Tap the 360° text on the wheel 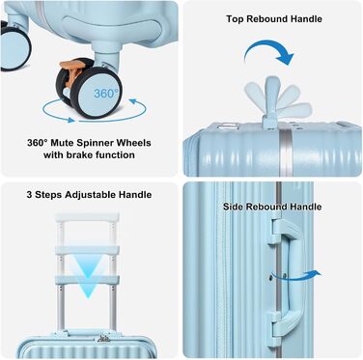106,94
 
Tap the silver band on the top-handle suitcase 284,152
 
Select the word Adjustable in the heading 91,195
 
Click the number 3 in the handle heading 29,195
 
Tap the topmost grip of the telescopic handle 87,218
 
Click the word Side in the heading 233,207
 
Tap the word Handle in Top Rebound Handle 306,19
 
